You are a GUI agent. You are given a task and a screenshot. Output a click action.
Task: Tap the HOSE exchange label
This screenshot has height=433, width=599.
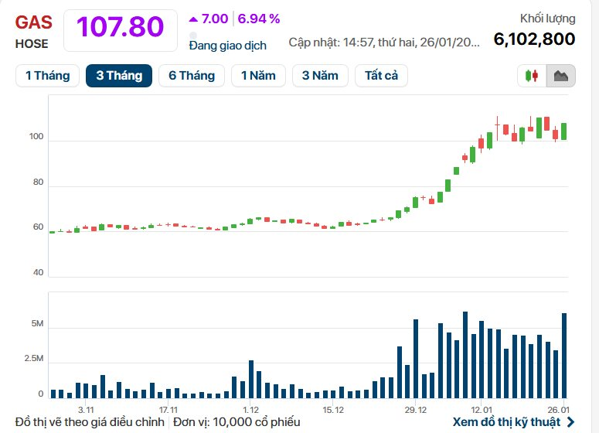(31, 44)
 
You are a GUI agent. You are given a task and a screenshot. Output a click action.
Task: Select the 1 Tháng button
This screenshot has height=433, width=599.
(47, 75)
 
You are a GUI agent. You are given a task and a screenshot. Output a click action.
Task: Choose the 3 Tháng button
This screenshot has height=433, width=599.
(119, 75)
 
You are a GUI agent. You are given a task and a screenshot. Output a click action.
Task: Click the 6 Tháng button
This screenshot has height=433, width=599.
(192, 75)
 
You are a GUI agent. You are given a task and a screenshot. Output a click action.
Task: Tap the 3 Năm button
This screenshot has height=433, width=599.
(320, 75)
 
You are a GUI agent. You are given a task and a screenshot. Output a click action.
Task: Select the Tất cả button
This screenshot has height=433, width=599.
(381, 75)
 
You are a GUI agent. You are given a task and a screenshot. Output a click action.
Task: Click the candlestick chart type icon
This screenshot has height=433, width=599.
(532, 76)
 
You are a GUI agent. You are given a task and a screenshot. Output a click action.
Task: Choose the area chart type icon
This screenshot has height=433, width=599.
(560, 76)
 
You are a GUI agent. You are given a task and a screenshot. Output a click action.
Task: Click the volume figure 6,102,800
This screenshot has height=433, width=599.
(534, 39)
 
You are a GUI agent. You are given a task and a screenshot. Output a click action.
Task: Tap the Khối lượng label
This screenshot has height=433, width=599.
(547, 19)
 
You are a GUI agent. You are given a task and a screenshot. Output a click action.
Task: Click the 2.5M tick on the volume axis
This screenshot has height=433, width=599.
(34, 359)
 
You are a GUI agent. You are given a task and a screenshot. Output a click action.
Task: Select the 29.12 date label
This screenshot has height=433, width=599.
(415, 409)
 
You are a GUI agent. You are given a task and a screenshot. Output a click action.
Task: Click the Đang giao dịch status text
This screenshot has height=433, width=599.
(228, 45)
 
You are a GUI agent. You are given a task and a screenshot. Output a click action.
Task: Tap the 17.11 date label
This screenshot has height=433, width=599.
(168, 409)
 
